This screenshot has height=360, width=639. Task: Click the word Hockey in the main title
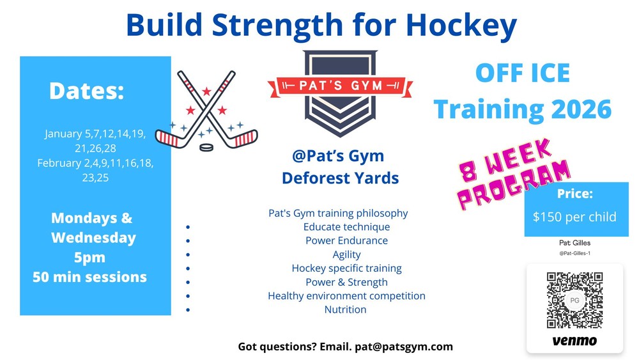(461, 26)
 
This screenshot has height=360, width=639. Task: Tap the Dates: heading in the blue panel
(86, 91)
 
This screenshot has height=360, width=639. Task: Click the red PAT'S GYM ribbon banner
(341, 86)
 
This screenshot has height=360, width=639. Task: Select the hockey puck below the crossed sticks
(206, 147)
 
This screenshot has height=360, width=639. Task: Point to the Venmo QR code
(574, 301)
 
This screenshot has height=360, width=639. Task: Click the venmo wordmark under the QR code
(574, 341)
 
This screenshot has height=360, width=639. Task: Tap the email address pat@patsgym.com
(404, 347)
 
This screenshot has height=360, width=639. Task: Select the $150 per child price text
(574, 217)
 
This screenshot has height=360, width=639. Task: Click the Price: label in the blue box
(575, 194)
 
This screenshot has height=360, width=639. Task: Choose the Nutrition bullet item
(345, 309)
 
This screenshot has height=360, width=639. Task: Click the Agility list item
(346, 254)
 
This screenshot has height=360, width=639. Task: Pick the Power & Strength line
(346, 282)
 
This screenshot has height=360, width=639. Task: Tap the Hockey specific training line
(346, 269)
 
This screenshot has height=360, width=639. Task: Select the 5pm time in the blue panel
(89, 258)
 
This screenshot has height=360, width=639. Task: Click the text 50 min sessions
(89, 278)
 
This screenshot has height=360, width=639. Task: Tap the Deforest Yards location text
(341, 178)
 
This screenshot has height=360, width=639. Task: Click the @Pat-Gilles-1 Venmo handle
(574, 253)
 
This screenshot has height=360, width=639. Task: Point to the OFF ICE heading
(523, 74)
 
